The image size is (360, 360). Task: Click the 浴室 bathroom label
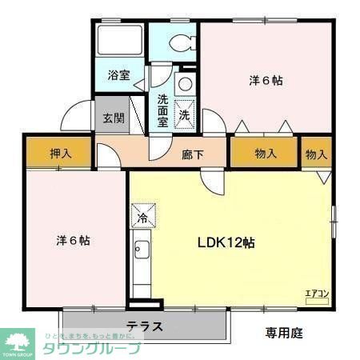coord(120,77)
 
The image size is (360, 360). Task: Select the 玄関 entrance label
coord(114,118)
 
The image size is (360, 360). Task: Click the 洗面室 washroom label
coord(162,110)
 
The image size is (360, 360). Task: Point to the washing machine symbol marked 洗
coord(184,114)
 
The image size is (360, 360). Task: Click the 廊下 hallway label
coord(193,154)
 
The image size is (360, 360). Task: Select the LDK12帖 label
coord(226,242)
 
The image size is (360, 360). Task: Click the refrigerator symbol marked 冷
coord(142,217)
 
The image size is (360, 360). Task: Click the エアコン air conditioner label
coord(318,294)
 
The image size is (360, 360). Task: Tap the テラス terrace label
coord(144,326)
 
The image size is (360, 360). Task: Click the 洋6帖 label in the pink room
coord(72,240)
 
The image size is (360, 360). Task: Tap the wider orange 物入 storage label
coord(266,154)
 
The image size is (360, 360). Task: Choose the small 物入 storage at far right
coord(316,154)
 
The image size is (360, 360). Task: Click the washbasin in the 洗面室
coord(185,84)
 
